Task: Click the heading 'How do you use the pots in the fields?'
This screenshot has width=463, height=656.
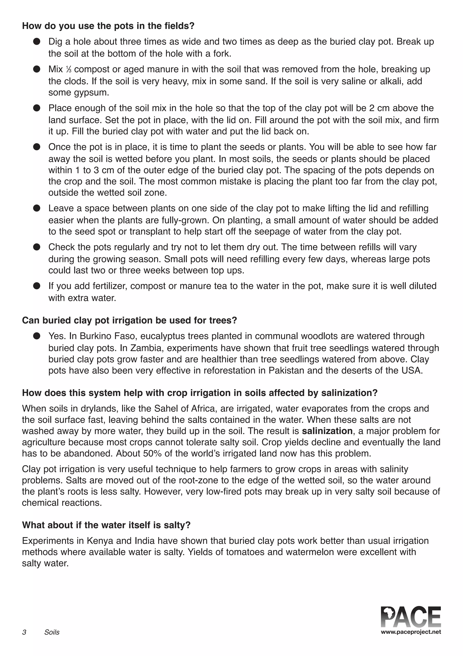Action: [x=108, y=26]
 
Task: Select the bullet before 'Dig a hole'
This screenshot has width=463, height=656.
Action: [x=37, y=42]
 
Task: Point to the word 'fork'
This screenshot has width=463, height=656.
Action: [x=221, y=54]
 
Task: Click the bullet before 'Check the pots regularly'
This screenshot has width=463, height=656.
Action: [x=37, y=247]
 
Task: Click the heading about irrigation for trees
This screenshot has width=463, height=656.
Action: [x=130, y=320]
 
